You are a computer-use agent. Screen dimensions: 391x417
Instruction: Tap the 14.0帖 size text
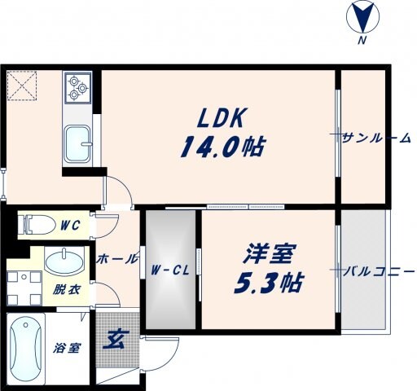click(222, 147)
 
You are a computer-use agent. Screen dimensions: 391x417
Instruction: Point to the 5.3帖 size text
click(269, 284)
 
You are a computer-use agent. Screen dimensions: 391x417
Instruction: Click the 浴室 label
click(67, 349)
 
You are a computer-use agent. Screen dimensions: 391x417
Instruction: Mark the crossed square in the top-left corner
click(22, 85)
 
